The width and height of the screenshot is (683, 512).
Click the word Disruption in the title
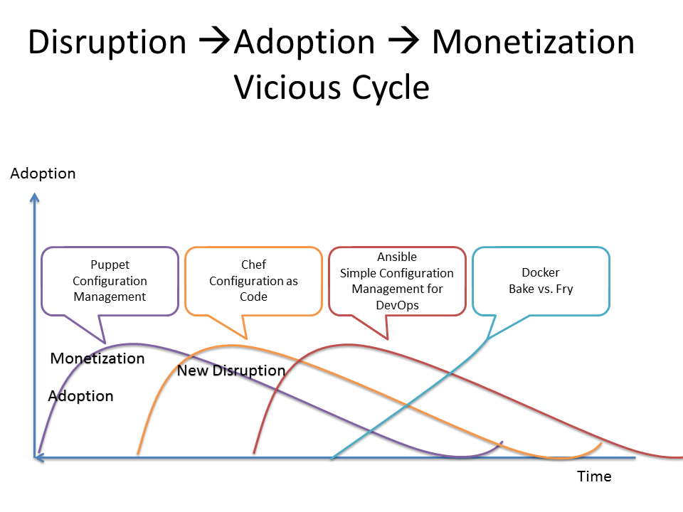[107, 43]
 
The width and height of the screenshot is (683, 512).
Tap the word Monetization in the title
[533, 43]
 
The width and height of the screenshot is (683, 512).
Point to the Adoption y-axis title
[43, 174]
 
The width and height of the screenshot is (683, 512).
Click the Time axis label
[594, 476]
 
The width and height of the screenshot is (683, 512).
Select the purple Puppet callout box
[110, 281]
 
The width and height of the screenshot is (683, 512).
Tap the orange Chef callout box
[253, 281]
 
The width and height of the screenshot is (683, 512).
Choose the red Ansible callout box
[397, 281]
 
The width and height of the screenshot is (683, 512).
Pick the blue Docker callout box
[541, 281]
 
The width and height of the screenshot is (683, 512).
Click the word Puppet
[110, 265]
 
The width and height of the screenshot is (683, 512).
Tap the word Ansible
[397, 257]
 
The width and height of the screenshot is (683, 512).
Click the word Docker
[541, 272]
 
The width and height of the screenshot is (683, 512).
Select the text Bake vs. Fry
[541, 289]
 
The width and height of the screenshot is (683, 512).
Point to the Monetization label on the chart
[97, 358]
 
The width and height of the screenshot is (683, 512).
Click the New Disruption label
[231, 370]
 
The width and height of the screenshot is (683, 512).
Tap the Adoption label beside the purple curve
[80, 396]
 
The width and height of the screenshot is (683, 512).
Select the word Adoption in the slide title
[305, 43]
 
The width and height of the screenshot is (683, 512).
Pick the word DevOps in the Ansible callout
[397, 304]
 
